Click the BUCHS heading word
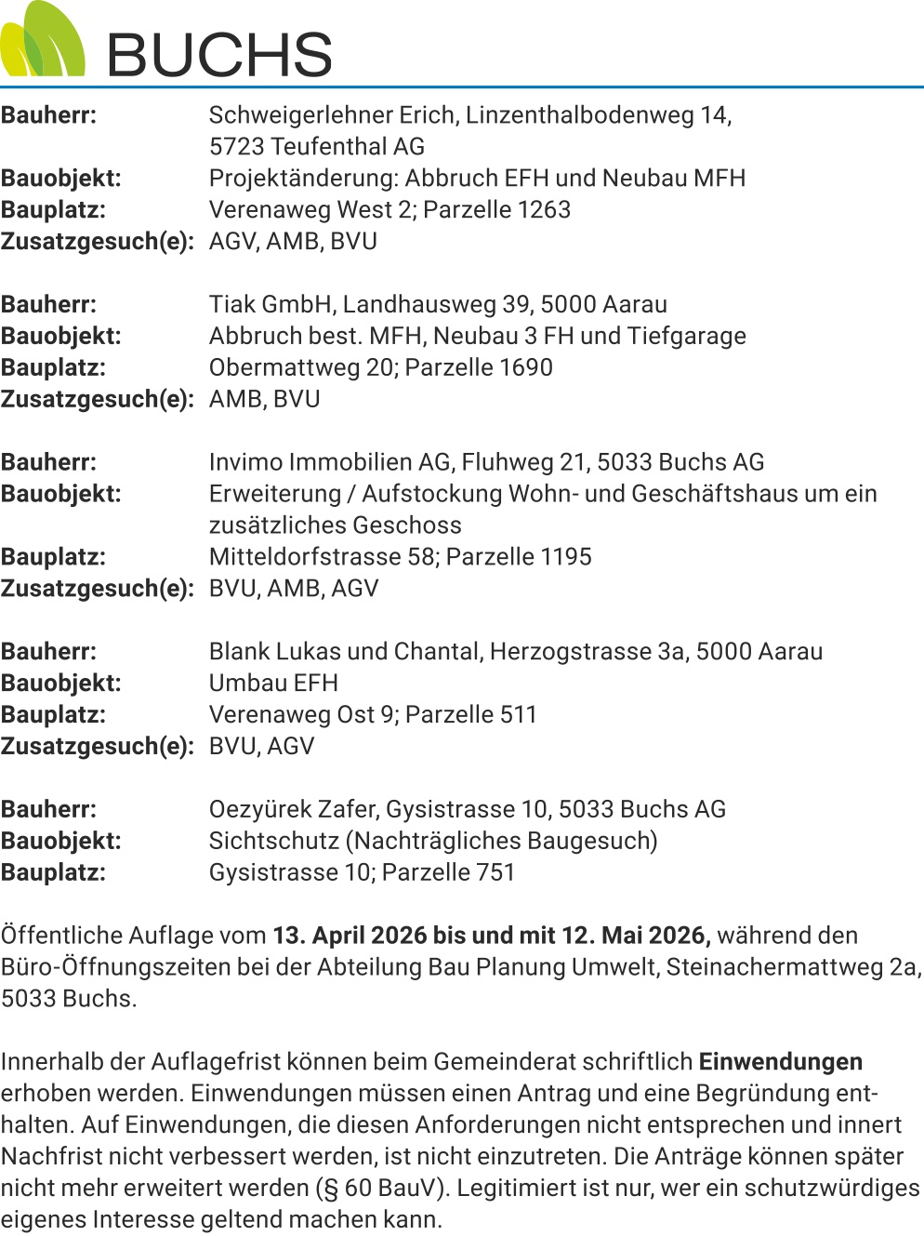(x=219, y=54)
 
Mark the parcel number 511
(x=519, y=715)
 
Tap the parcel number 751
(x=495, y=873)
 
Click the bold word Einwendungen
(x=780, y=1062)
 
